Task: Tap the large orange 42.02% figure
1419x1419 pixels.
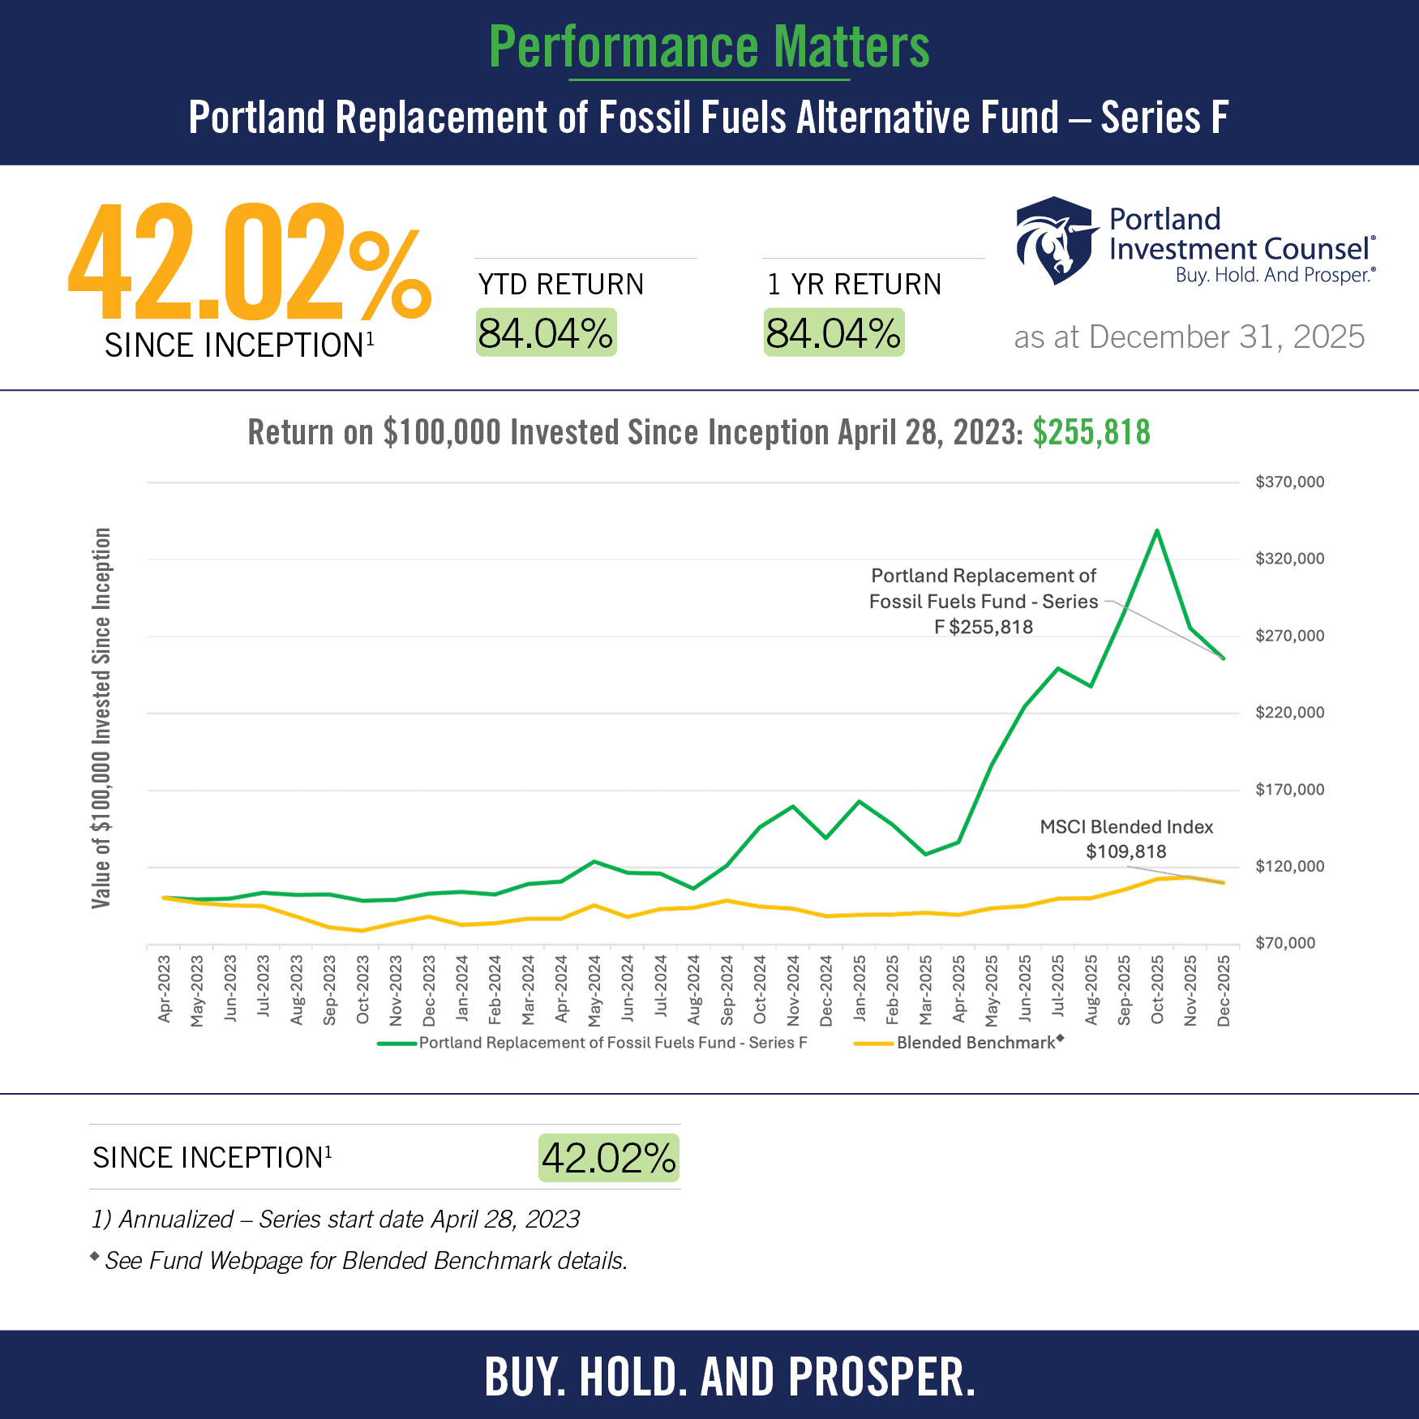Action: (248, 263)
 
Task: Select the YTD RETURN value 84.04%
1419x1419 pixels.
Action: (546, 333)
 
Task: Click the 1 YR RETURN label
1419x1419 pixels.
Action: (854, 285)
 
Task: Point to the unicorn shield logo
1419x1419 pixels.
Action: (1053, 241)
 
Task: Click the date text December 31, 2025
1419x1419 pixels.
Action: (1189, 337)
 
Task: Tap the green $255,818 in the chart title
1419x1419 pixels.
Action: (1091, 432)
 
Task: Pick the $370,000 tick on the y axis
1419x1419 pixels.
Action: (1289, 482)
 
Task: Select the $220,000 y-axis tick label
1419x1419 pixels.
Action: (1289, 713)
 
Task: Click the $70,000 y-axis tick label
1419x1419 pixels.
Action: (1285, 943)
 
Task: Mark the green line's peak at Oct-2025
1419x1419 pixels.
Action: (1157, 531)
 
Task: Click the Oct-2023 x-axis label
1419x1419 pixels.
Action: (362, 989)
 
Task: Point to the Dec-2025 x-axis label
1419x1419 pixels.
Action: (1224, 990)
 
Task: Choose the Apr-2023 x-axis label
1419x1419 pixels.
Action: (165, 989)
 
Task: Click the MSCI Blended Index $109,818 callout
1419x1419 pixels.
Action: (1126, 839)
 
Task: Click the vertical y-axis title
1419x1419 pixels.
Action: (101, 718)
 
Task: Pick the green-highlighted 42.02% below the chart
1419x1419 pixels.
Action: (609, 1158)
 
